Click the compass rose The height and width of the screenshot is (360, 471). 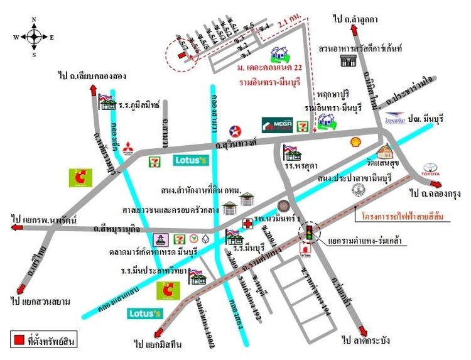coord(33,36)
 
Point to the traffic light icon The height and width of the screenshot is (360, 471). coord(308,234)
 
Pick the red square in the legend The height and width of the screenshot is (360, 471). coord(19,340)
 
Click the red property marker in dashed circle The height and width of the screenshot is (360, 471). coord(181,56)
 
